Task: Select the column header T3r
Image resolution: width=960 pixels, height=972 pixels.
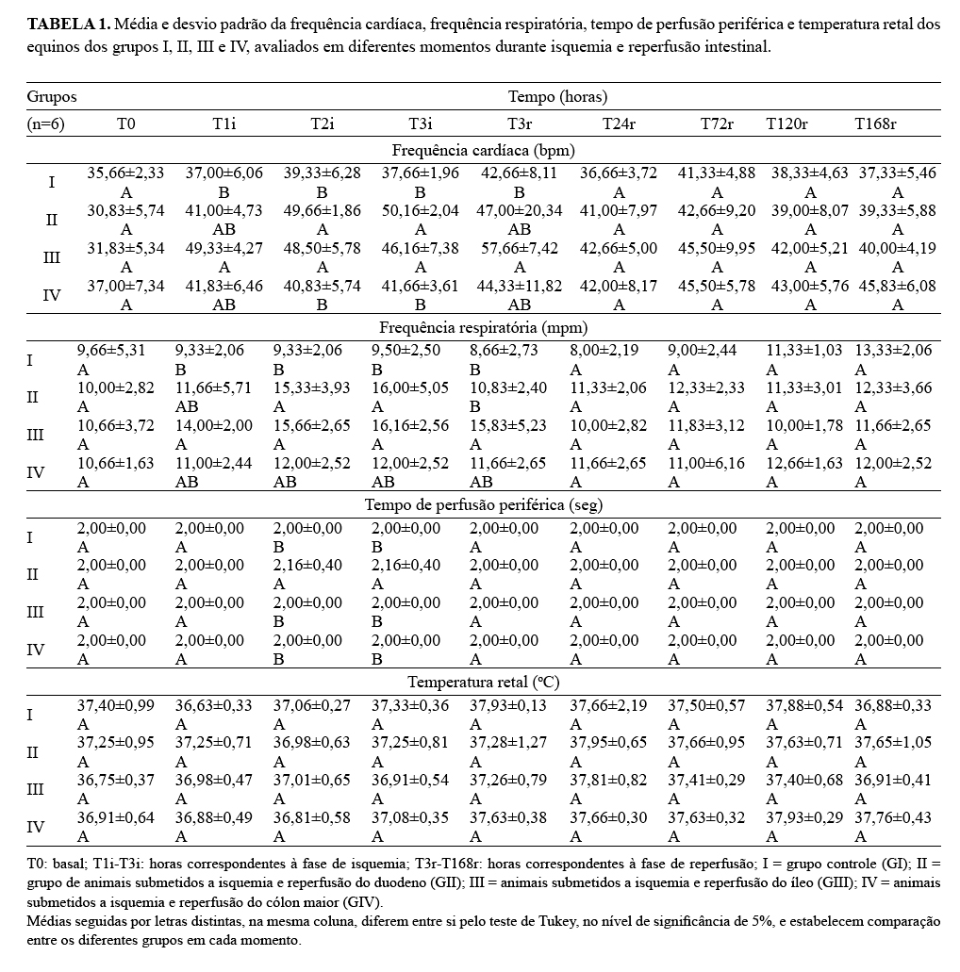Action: tap(519, 124)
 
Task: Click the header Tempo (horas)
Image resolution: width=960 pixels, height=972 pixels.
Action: tap(557, 96)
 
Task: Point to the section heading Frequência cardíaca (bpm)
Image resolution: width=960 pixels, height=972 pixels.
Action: tap(483, 149)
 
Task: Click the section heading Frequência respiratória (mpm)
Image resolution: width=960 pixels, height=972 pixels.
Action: tap(483, 327)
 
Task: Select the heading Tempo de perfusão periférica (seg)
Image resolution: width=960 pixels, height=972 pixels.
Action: tap(483, 504)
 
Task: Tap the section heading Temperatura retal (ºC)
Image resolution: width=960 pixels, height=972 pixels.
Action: tap(483, 682)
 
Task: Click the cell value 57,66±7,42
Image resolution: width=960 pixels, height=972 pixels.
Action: tap(519, 249)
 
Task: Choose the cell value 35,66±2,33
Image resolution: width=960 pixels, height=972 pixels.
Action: tap(125, 173)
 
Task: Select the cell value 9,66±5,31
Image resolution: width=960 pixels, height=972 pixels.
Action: tap(111, 351)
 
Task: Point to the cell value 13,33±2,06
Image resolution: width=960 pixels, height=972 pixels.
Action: tap(893, 351)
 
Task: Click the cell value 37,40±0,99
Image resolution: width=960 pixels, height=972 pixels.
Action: tap(115, 705)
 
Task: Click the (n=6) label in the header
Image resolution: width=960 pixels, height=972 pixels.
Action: tap(45, 124)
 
